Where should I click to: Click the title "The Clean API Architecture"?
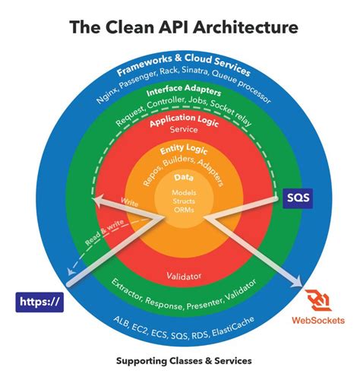(179, 28)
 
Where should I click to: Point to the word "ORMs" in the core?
(182, 209)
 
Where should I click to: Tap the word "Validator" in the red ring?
(182, 276)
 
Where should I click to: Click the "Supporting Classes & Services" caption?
(179, 359)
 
